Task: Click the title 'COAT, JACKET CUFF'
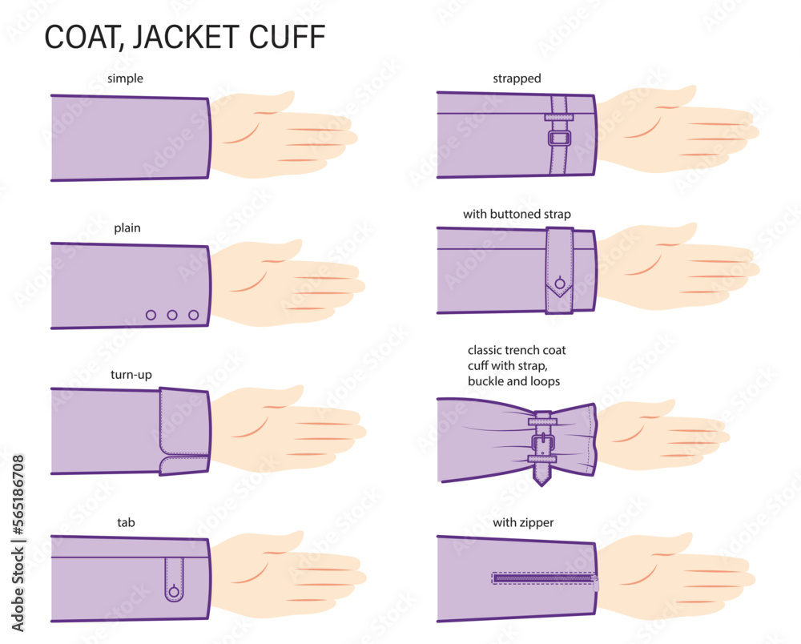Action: point(184,38)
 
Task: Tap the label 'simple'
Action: point(125,78)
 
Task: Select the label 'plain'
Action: point(127,228)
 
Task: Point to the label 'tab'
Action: point(127,523)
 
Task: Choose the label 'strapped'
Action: point(517,78)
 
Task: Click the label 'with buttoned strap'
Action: point(517,215)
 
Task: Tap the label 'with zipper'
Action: point(523,523)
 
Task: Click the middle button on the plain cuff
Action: point(172,315)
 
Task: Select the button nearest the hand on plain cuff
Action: point(193,315)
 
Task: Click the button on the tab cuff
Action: point(174,592)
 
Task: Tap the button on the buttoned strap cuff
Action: point(559,282)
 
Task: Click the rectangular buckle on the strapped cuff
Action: point(558,138)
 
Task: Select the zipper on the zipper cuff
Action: point(545,578)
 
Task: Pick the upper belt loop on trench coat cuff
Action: point(543,420)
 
